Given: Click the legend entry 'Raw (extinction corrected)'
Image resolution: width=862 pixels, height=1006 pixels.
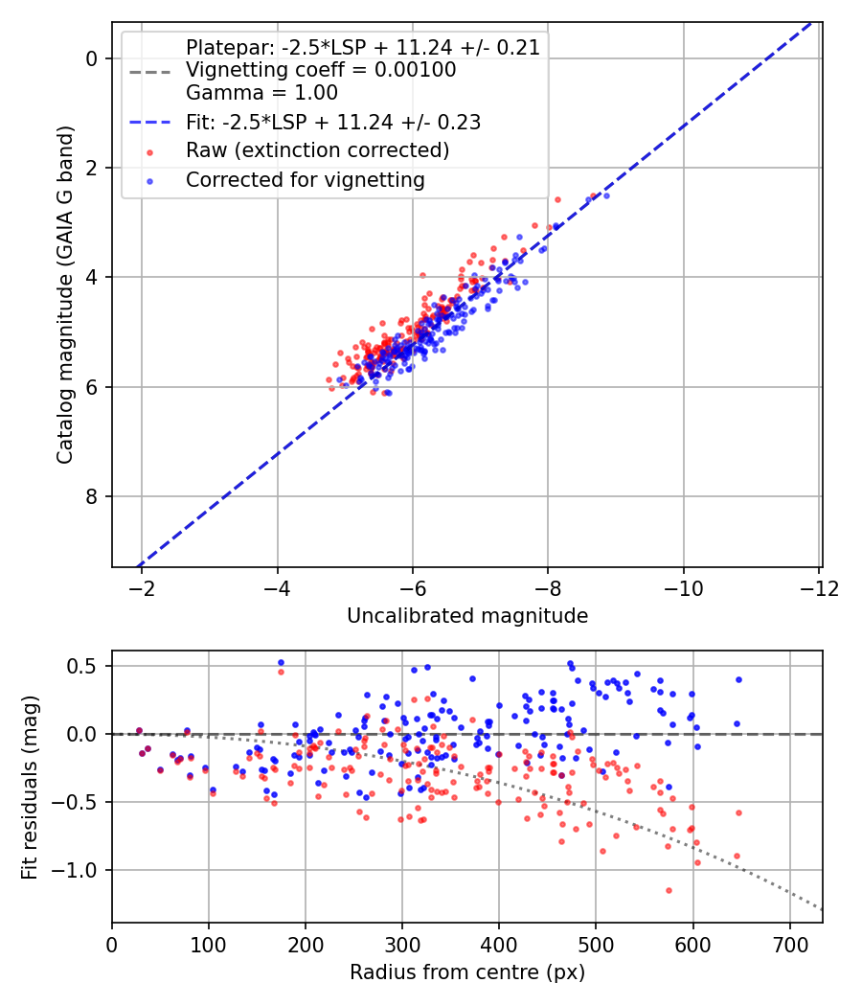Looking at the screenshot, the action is coord(317,150).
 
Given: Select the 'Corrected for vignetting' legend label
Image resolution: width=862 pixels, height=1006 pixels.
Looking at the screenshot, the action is coord(306,180).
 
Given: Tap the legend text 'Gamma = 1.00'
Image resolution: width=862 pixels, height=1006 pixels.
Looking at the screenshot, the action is coord(261,92).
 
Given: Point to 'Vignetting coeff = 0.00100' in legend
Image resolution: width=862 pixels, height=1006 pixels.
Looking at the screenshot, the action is coord(321,70).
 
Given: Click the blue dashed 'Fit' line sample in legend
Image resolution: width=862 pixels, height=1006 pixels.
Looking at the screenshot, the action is coord(150,122).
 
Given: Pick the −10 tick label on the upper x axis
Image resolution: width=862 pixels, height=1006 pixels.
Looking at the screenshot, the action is coord(683,588).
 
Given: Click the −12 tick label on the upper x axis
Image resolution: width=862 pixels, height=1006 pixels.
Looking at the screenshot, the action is coord(819,588).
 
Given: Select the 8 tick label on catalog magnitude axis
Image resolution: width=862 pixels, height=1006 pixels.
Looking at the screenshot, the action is coord(91,496).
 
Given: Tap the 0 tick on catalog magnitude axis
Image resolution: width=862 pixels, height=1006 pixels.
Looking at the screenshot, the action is coord(91,59).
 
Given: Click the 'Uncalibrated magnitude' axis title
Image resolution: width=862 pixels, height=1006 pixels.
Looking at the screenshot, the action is coord(467,616).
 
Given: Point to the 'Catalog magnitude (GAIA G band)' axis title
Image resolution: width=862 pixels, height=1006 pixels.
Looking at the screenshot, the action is coord(65,294).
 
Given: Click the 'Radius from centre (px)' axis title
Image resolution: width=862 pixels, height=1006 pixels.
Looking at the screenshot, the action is coord(467,972).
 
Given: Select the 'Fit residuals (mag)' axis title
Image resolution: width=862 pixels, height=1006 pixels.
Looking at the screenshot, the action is coord(30,788).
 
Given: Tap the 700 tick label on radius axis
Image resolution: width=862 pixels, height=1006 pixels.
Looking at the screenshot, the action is coord(789,946).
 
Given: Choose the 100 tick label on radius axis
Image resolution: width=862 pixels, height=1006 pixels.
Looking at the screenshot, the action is coord(209,946).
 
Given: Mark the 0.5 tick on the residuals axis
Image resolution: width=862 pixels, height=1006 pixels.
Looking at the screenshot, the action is coord(81,666).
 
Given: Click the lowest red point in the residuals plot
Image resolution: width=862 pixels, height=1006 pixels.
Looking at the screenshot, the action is coord(669,890).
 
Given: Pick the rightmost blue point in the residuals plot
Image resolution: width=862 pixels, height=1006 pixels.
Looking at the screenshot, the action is coord(738,679).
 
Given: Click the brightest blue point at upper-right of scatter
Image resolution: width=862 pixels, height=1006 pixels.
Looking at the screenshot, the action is coord(606,195).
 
